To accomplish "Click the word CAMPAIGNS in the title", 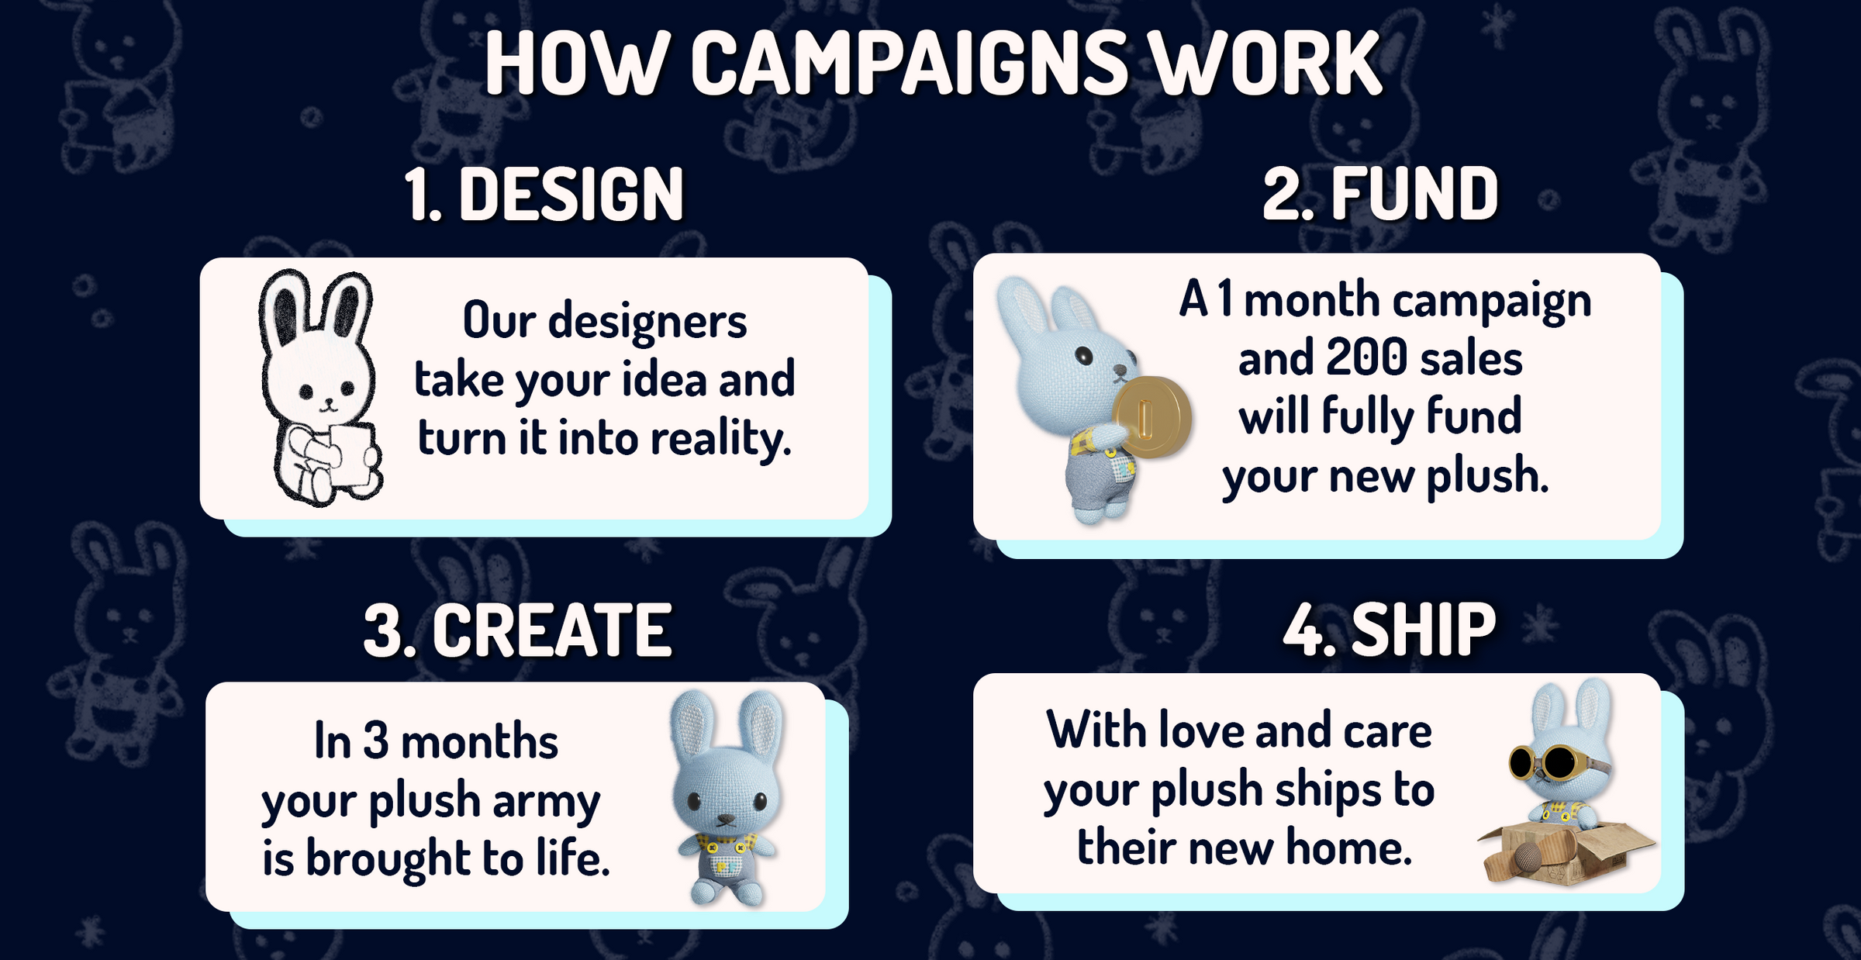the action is tap(909, 64).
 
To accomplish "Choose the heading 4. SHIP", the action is tap(1389, 629).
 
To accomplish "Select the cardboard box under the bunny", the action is tap(1566, 853).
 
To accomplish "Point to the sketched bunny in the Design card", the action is tap(319, 388).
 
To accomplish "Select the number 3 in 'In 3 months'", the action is tap(376, 741).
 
